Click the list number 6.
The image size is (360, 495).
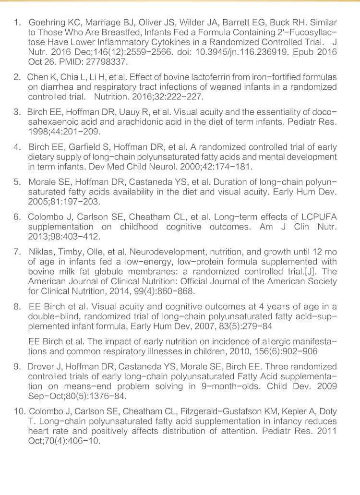point(18,216)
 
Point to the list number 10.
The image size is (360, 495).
point(19,412)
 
